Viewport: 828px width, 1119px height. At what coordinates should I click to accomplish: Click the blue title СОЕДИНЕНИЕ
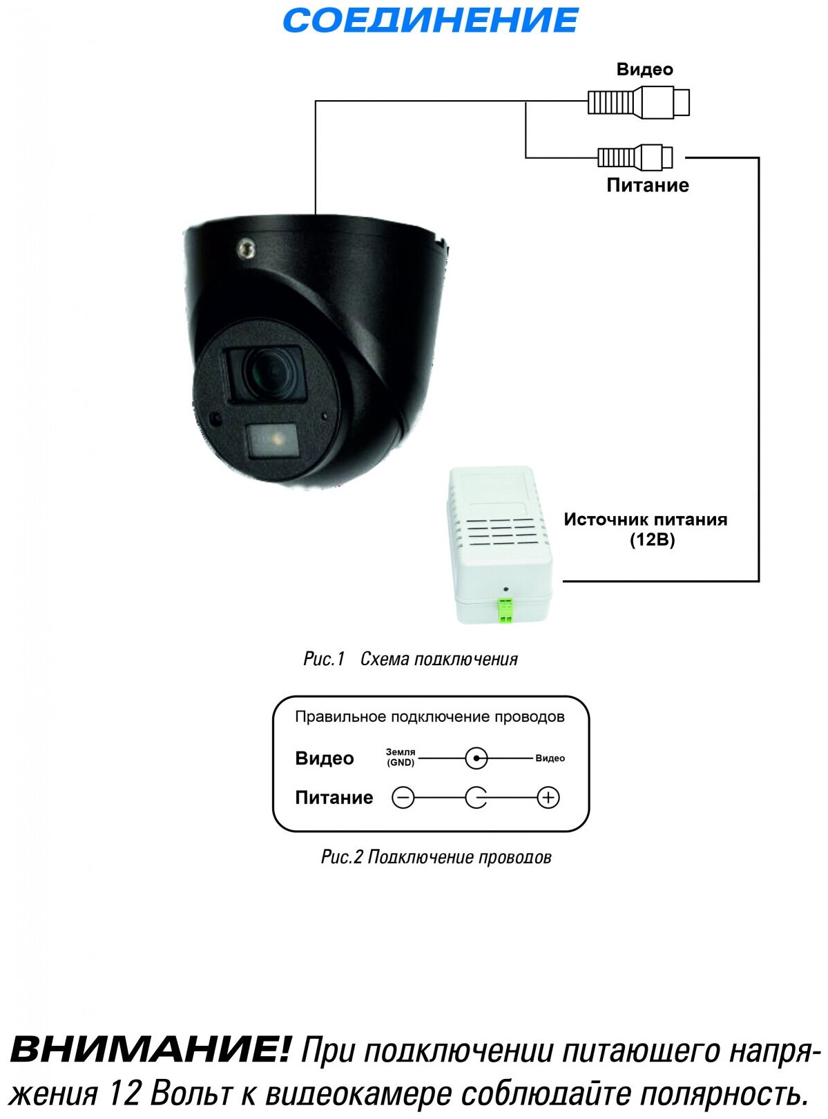[430, 21]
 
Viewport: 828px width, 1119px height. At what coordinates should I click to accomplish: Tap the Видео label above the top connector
[644, 69]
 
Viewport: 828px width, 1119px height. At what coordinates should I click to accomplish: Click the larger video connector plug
[638, 102]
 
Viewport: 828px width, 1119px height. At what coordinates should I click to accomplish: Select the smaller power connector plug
[635, 157]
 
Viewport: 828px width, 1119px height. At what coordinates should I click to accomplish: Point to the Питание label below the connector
[647, 185]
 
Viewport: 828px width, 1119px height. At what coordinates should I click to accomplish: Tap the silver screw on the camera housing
[245, 249]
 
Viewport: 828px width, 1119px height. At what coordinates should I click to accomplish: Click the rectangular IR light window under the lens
[273, 440]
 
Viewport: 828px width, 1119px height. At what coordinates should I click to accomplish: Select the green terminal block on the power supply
[506, 609]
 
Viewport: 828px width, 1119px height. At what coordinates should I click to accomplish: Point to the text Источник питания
[645, 519]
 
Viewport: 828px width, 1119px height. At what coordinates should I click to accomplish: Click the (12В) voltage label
[652, 539]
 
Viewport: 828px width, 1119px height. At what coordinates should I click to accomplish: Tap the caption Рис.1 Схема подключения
[410, 659]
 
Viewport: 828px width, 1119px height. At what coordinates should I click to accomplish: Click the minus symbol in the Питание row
[403, 798]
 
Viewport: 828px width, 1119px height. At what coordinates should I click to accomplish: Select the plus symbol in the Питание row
[548, 798]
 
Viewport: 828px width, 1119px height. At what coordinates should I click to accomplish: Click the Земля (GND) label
[401, 757]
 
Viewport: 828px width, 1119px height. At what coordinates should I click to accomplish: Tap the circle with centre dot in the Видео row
[476, 758]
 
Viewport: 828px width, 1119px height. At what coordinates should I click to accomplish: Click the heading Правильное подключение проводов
[430, 717]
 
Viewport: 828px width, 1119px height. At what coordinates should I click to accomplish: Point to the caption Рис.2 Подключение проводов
[436, 857]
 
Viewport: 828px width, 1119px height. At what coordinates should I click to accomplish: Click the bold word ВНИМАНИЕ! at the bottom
[151, 1050]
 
